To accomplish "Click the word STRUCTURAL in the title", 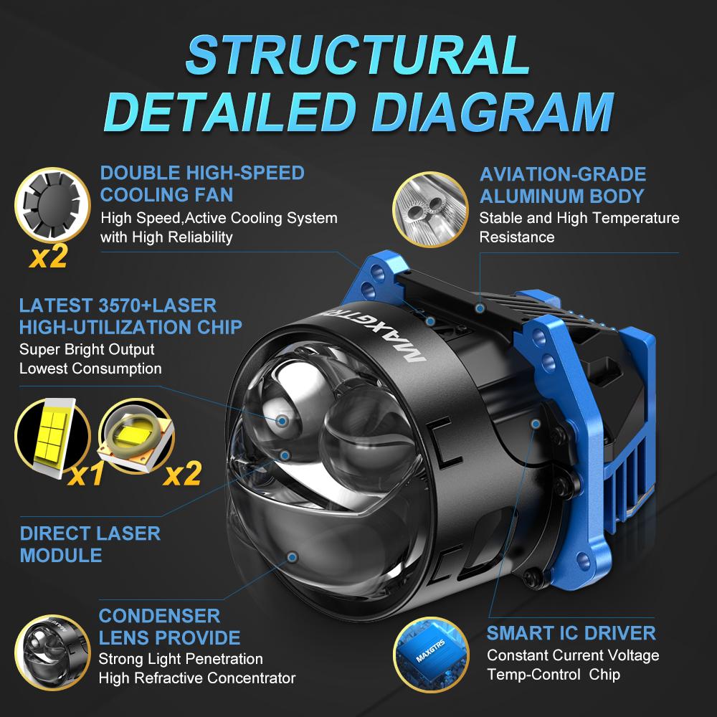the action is tap(357, 55).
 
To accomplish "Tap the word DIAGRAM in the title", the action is tap(493, 112).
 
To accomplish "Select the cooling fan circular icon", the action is tap(52, 205).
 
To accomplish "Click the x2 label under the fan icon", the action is tap(49, 257).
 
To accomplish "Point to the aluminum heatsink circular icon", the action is tap(430, 209).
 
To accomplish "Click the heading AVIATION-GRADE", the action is tap(563, 174).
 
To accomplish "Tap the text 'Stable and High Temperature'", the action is tap(579, 218).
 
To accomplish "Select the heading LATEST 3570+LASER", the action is tap(118, 305).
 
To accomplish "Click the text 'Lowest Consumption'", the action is tap(90, 369).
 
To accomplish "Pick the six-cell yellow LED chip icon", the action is tap(52, 437).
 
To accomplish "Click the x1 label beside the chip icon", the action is tap(85, 474).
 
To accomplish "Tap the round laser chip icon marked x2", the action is tap(136, 437).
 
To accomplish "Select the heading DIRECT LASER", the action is tap(90, 533).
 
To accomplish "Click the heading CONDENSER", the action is tap(160, 616).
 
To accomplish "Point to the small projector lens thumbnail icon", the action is tap(52, 652).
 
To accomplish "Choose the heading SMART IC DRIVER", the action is tap(571, 633).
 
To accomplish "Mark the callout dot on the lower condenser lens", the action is tap(293, 557).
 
